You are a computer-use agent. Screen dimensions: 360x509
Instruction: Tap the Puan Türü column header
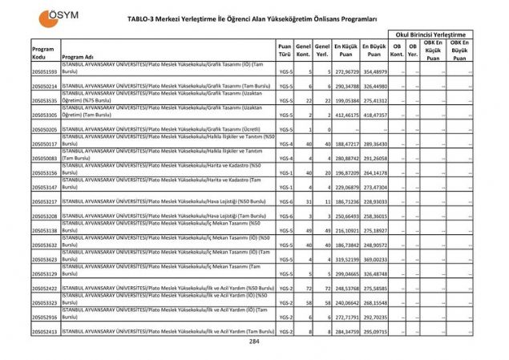coord(285,52)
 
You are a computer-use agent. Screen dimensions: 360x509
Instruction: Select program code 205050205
coord(44,129)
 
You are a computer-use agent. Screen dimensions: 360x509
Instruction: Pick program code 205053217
coord(44,201)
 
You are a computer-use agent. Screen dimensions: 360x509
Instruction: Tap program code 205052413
coord(44,331)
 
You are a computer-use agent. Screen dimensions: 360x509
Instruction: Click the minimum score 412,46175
coord(345,115)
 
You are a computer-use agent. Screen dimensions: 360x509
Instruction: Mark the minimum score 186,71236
coord(345,201)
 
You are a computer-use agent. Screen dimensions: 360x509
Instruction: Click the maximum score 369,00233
coord(374,259)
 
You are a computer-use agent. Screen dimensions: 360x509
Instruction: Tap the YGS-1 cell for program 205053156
coord(285,172)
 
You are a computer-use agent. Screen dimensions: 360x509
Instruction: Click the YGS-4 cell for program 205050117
coord(285,144)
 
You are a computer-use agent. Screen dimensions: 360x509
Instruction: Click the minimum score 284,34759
coord(345,331)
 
